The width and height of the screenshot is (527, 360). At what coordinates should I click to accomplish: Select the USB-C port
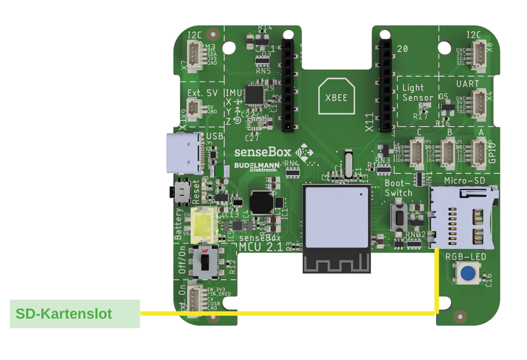[185, 154]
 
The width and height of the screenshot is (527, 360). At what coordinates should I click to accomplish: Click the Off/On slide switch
[204, 262]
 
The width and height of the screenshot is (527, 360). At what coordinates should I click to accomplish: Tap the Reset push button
[181, 192]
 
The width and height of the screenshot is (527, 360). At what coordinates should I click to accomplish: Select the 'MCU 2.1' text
[261, 247]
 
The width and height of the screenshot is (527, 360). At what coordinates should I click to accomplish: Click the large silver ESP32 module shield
[336, 217]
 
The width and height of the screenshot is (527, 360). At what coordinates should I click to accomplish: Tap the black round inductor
[261, 203]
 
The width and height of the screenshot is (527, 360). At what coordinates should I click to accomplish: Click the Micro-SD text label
[464, 181]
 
